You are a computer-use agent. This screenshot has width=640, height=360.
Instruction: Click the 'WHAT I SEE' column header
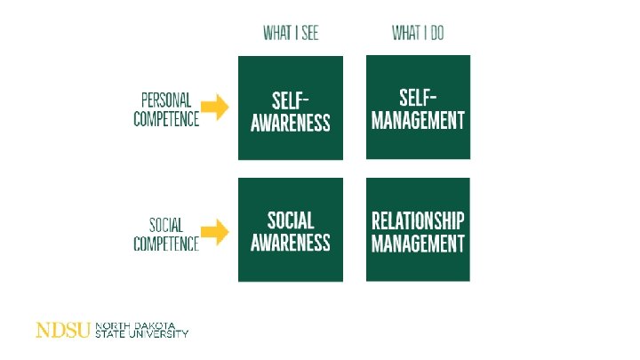coord(290,34)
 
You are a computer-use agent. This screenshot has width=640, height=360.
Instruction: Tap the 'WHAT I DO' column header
coord(418,34)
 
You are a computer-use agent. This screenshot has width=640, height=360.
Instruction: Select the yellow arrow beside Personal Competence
coord(214,108)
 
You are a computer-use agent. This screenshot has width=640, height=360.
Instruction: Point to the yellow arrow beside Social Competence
coord(214,233)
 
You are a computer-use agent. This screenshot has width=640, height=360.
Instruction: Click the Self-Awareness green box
coord(290,108)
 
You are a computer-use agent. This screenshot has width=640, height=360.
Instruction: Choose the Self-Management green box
coord(418,108)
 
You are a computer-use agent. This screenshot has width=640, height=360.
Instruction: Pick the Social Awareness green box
coord(290,229)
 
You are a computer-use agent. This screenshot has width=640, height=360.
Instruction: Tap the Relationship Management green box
coord(418,229)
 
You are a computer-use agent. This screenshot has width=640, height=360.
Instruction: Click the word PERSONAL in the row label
coord(166,100)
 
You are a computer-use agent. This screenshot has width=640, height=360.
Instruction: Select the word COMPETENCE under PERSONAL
coord(166,118)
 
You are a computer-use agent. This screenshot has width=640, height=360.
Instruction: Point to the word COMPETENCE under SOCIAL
coord(166,243)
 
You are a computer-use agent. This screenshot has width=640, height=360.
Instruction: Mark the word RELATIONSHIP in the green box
coord(418,220)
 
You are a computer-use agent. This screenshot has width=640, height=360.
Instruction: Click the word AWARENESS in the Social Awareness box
coord(290,241)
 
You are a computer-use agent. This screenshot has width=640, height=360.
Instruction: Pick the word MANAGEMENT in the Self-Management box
coord(418,119)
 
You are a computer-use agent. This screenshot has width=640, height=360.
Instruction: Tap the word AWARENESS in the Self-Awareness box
coord(290,121)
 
